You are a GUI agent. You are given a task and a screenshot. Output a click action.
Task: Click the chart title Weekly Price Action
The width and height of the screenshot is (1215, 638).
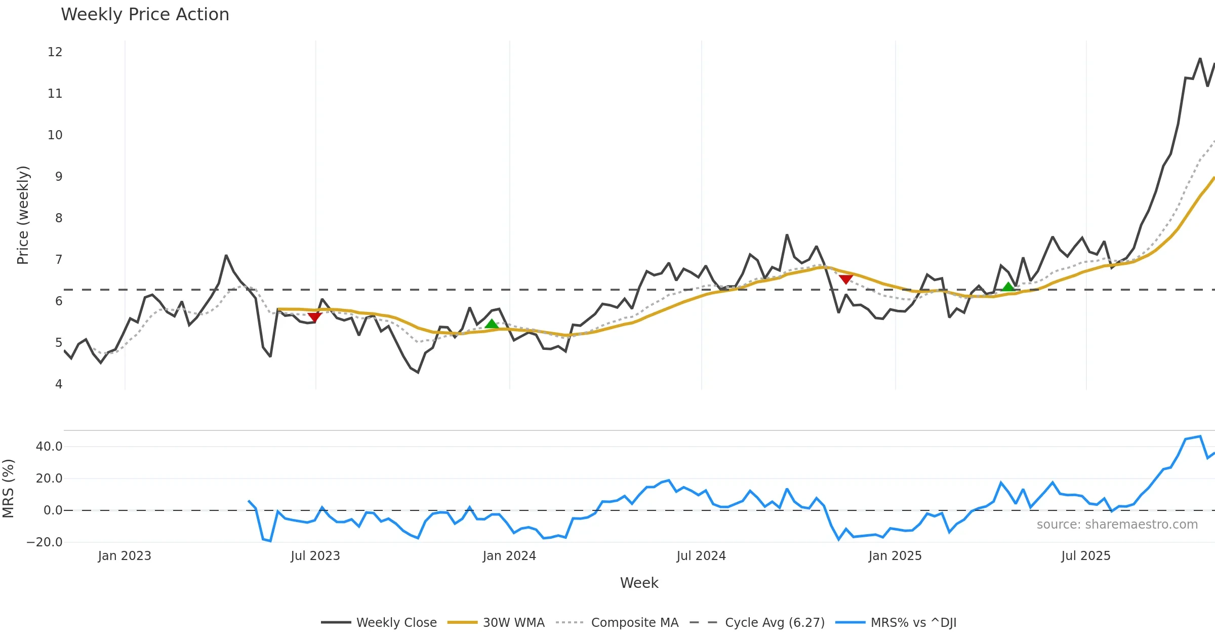click(145, 15)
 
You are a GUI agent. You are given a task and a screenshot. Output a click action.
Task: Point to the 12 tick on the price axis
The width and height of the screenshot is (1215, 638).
click(55, 52)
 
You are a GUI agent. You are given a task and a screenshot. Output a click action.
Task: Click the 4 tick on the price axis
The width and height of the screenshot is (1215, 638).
click(59, 384)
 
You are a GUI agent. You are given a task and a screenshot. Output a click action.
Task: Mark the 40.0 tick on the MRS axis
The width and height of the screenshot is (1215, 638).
click(49, 447)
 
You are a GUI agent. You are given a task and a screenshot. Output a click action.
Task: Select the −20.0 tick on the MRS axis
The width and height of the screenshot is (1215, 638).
click(45, 542)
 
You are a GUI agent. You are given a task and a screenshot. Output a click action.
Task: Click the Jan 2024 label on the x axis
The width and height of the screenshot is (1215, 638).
click(509, 556)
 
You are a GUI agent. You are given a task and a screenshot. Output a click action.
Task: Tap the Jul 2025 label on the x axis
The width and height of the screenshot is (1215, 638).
click(1086, 556)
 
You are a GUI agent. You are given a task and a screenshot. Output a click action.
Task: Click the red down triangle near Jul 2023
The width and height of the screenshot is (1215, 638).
click(314, 317)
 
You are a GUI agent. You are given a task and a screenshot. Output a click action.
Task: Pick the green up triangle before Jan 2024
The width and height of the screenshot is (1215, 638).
click(491, 324)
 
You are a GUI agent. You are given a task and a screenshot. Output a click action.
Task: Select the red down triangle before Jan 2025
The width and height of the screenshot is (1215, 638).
click(845, 279)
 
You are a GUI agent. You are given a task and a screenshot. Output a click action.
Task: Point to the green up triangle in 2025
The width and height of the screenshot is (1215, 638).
click(1008, 287)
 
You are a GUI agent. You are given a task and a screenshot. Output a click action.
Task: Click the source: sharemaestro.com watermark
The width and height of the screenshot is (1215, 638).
click(1117, 525)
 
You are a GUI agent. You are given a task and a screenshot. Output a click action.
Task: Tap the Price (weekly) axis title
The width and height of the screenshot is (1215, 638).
click(23, 215)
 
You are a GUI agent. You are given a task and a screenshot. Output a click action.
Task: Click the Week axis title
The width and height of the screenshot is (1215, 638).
click(639, 583)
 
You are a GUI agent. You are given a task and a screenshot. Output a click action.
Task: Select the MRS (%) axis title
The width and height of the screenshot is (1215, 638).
click(9, 489)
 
